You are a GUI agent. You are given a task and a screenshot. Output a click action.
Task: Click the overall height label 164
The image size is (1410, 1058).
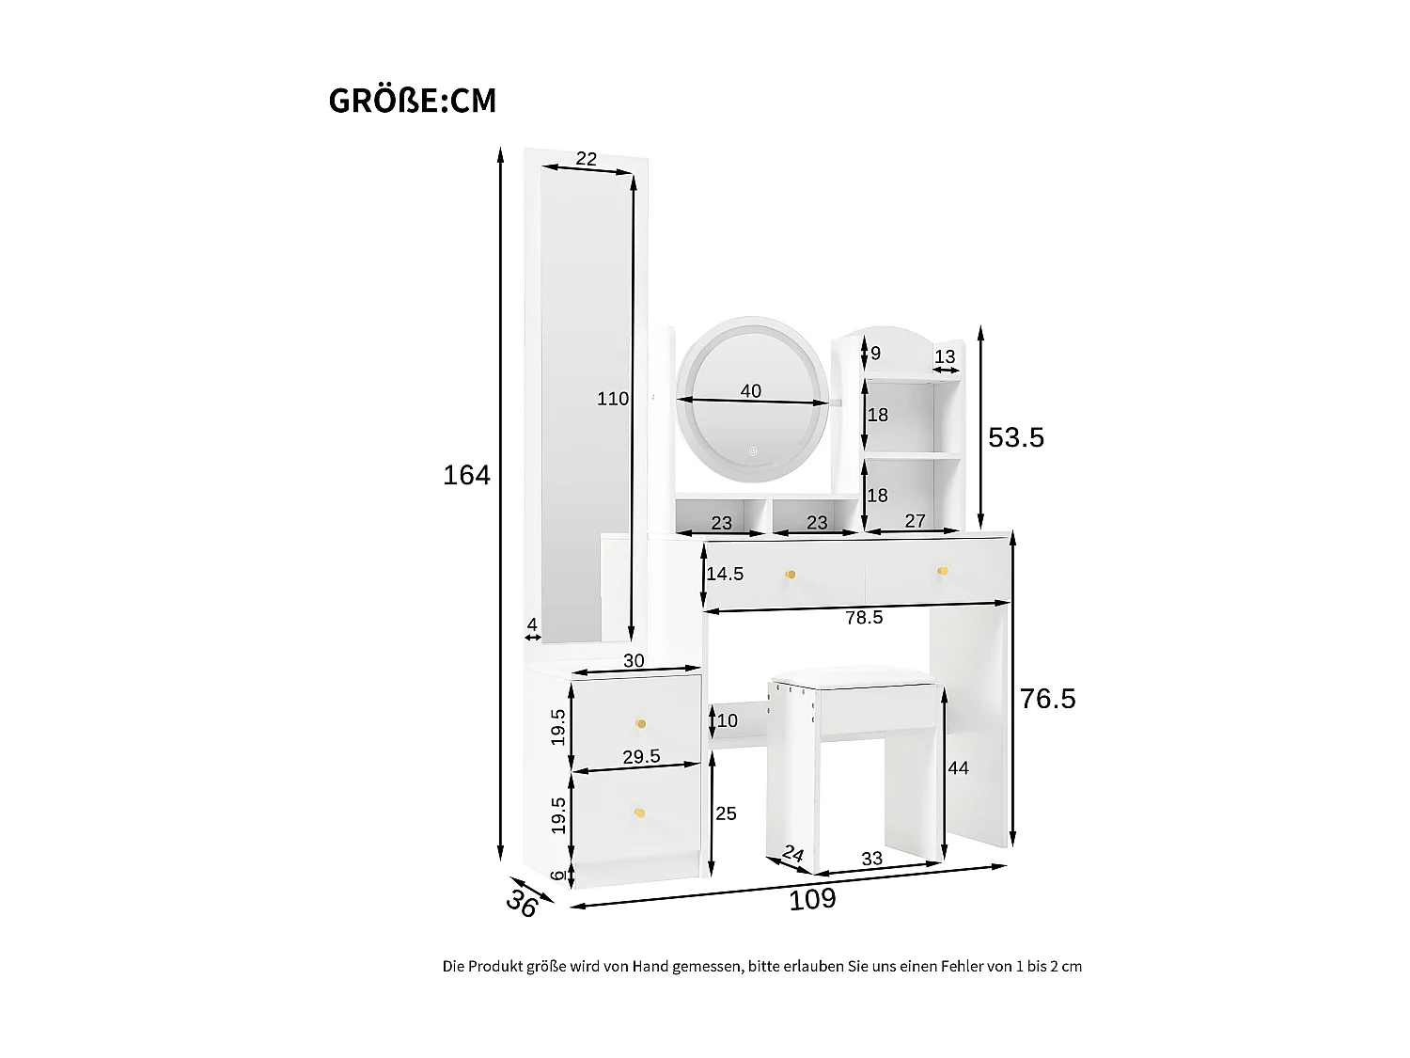click(x=466, y=476)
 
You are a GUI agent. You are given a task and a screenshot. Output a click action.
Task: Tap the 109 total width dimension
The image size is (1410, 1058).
click(x=812, y=899)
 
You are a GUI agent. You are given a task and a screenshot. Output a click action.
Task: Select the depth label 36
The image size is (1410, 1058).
click(x=522, y=904)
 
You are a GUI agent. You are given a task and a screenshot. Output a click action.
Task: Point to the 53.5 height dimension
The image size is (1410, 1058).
click(x=1016, y=437)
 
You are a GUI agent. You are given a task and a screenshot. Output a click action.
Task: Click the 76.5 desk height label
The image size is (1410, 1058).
click(x=1048, y=699)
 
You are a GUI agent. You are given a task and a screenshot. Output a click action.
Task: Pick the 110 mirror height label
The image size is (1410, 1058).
click(x=613, y=399)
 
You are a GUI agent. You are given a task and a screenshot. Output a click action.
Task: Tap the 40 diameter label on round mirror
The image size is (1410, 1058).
click(x=750, y=390)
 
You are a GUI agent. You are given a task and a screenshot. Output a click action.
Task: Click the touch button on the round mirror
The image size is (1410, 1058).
click(x=752, y=450)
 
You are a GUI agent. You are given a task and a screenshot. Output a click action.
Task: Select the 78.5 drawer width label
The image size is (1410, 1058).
click(x=864, y=617)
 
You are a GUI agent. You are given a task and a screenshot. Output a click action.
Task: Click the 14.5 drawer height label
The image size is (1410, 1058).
click(x=725, y=574)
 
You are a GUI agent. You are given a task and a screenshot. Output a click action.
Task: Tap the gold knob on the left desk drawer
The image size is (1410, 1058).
click(x=791, y=575)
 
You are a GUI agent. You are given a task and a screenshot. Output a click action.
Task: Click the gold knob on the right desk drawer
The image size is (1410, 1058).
click(x=943, y=571)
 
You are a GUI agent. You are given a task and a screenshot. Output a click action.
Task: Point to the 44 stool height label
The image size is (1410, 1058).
click(x=958, y=768)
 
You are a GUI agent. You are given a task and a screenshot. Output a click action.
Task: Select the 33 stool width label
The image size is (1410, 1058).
click(x=871, y=859)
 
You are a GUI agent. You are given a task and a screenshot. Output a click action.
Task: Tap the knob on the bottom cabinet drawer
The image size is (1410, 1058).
click(x=640, y=813)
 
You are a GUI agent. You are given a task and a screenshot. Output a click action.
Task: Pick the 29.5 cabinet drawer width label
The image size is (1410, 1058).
click(x=641, y=756)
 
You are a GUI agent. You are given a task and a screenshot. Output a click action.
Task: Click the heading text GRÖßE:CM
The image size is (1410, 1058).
click(x=413, y=101)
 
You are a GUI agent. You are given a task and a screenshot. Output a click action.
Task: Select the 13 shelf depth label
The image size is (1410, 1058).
click(x=945, y=356)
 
